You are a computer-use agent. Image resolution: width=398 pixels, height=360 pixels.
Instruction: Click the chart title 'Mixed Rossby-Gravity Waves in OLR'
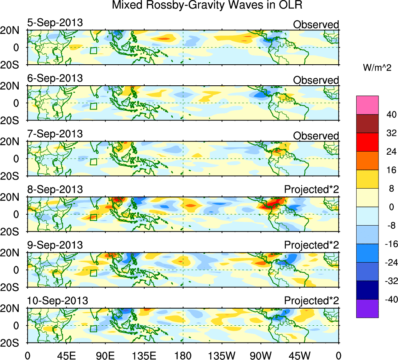[207, 6]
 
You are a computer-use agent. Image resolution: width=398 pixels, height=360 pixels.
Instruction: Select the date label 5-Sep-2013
[55, 23]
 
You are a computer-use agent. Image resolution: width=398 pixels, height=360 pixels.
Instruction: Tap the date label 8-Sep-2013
[55, 190]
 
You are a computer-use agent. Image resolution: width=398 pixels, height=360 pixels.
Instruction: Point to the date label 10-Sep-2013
[57, 301]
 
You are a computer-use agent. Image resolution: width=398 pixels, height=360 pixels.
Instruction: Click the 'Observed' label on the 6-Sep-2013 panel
[316, 80]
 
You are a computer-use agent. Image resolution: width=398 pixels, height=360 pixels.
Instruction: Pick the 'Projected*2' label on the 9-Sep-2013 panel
[311, 246]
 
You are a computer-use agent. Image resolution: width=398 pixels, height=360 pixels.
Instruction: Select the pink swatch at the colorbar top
[367, 105]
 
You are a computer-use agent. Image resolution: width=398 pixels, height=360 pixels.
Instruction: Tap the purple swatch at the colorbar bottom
[367, 309]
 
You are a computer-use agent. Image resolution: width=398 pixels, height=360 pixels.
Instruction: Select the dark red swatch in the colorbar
[367, 124]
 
